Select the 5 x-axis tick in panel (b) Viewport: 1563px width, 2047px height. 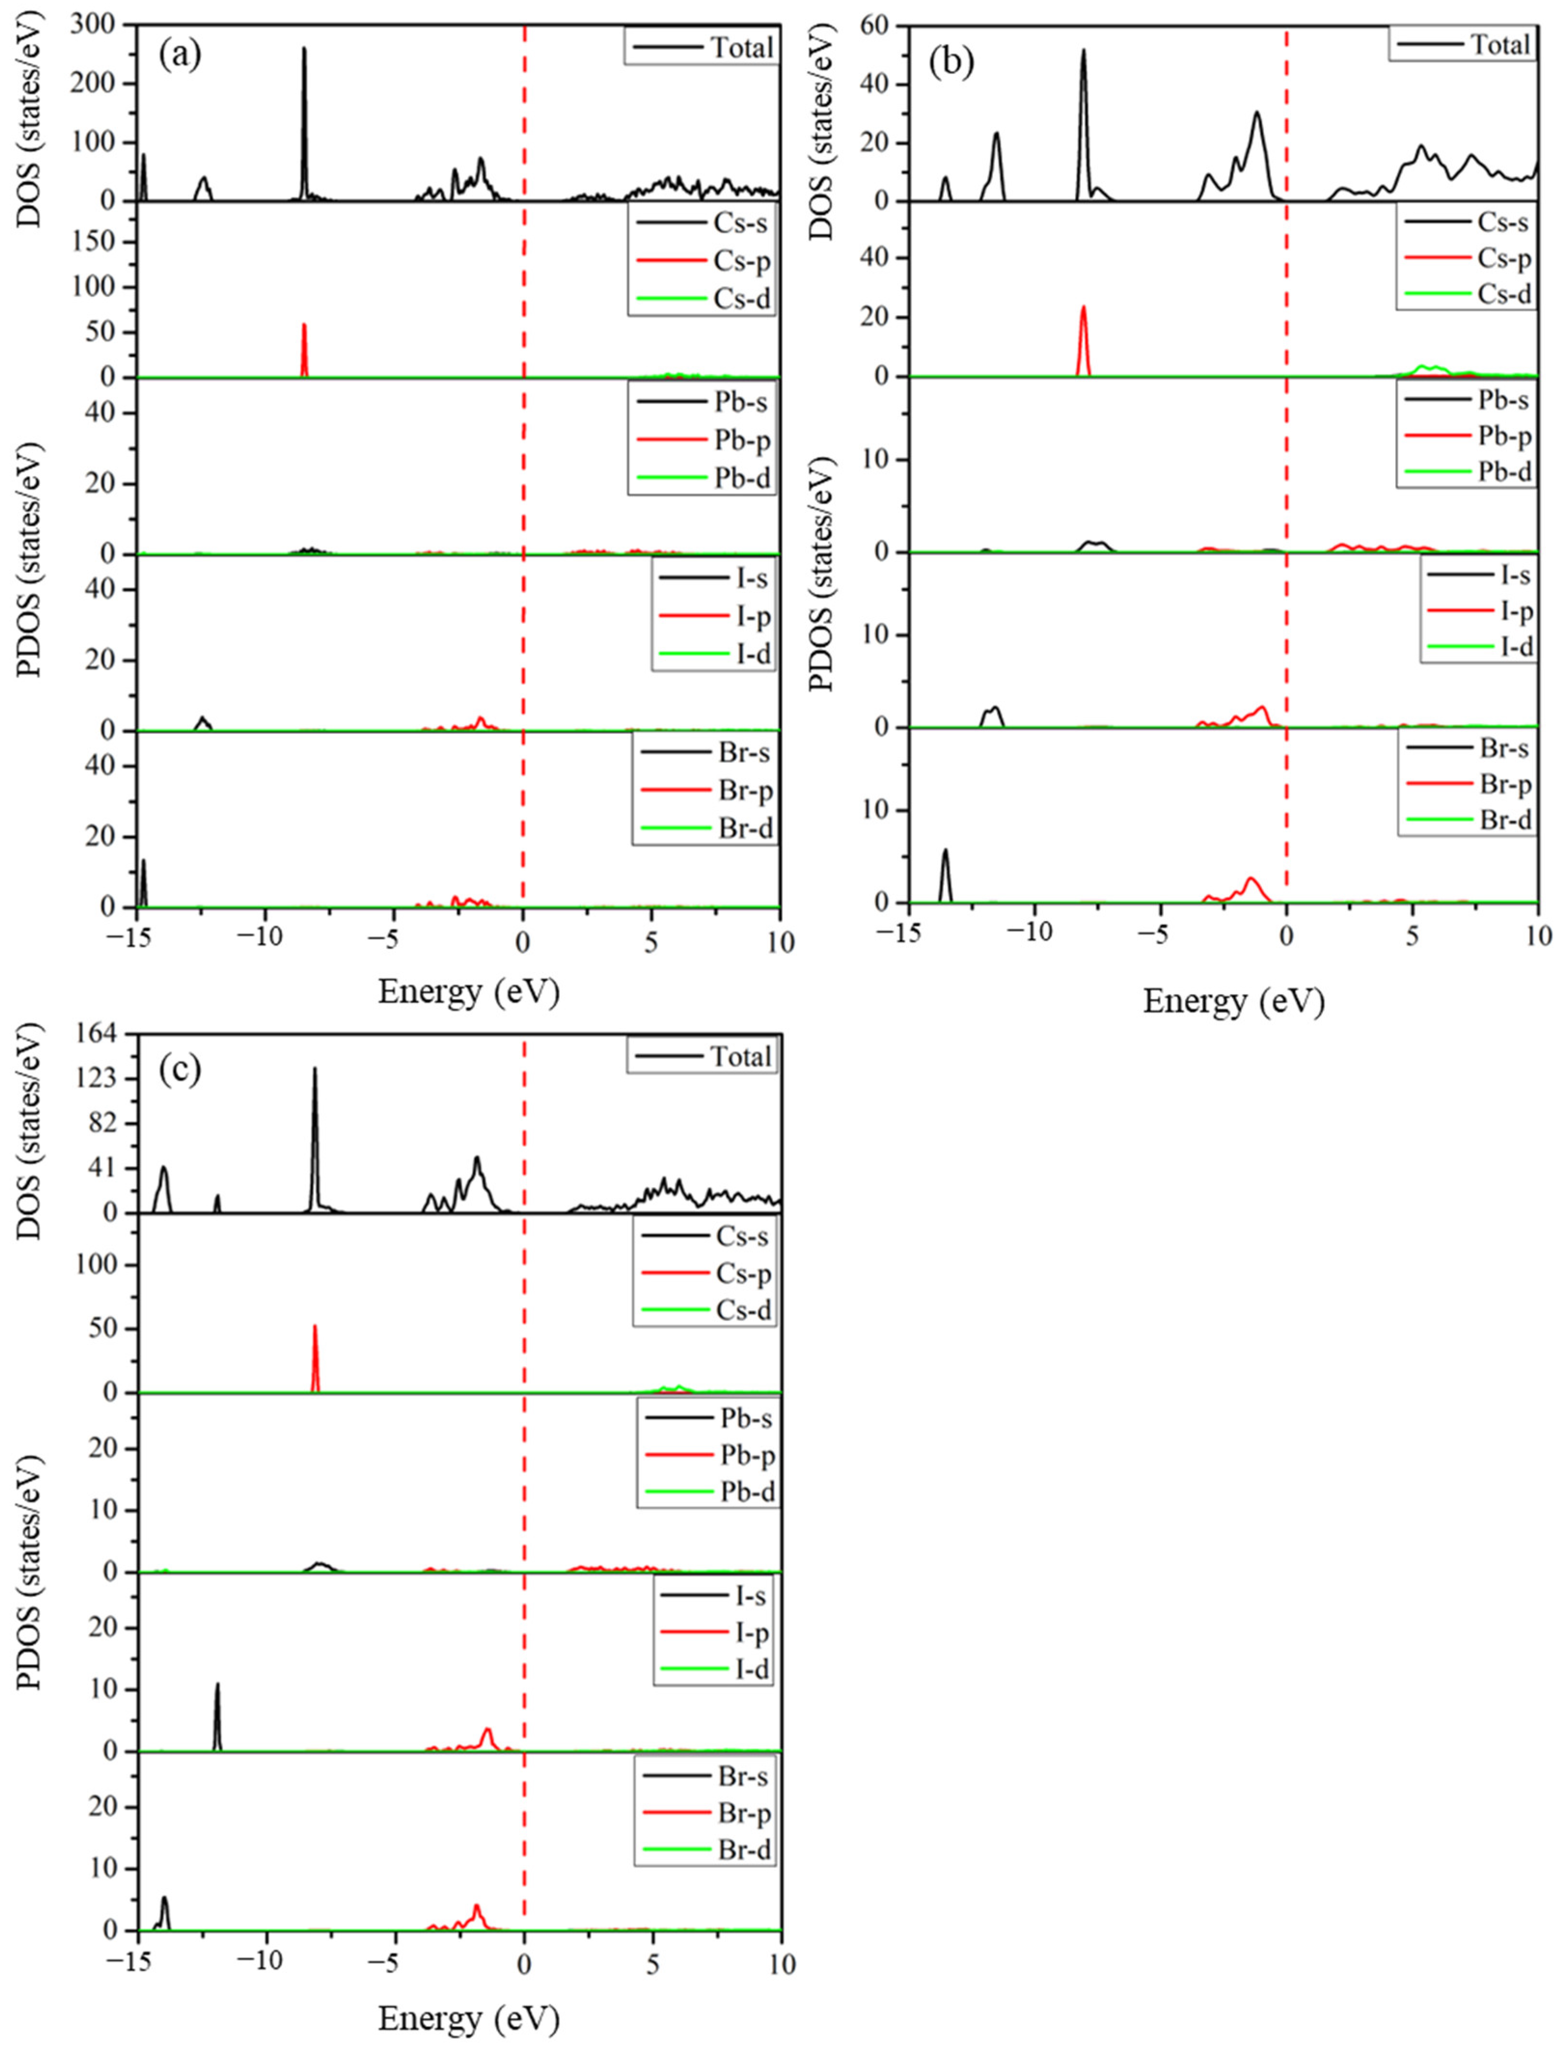(1412, 937)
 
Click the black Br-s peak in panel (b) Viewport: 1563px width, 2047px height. (945, 851)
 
